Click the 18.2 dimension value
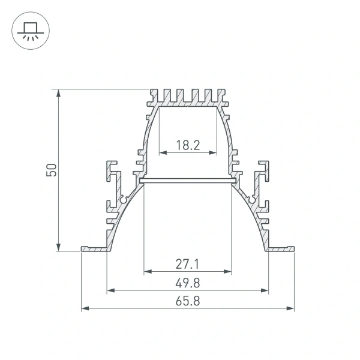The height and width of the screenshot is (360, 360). tap(188, 144)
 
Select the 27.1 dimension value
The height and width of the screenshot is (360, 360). tap(187, 263)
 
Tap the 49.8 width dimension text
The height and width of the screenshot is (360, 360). tap(187, 282)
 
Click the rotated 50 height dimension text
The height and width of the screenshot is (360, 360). tap(52, 170)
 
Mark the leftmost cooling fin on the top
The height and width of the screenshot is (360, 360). tap(152, 96)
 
